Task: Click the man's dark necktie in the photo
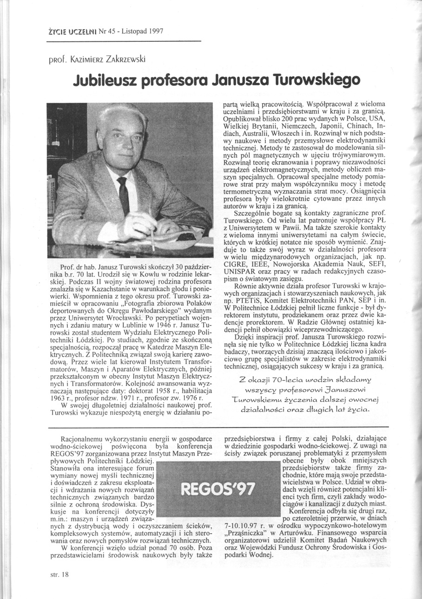point(123,195)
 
